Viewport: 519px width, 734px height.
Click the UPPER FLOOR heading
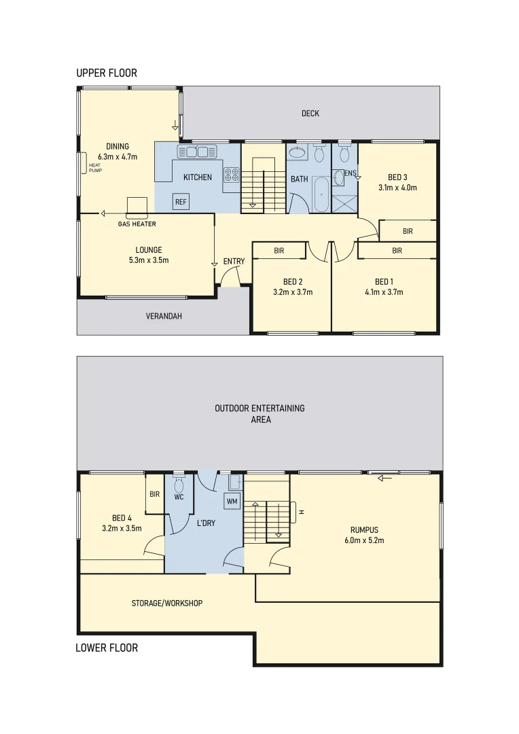pyautogui.click(x=107, y=73)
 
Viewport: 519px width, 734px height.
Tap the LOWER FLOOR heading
pyautogui.click(x=107, y=648)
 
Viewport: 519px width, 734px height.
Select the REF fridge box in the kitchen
pyautogui.click(x=181, y=202)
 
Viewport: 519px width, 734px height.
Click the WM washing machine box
pyautogui.click(x=232, y=502)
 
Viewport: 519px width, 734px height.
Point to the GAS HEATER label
pyautogui.click(x=137, y=224)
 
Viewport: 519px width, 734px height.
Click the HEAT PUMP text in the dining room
pyautogui.click(x=94, y=167)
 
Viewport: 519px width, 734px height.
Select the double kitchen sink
pyautogui.click(x=196, y=150)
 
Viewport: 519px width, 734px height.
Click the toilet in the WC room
pyautogui.click(x=179, y=484)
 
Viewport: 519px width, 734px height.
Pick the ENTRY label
pyautogui.click(x=234, y=262)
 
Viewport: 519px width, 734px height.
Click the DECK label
pyautogui.click(x=310, y=113)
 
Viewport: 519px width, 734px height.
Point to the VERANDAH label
pyautogui.click(x=164, y=316)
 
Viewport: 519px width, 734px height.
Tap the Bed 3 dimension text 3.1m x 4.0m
pyautogui.click(x=397, y=188)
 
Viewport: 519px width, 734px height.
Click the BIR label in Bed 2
pyautogui.click(x=279, y=251)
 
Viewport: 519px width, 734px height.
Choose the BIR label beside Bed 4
pyautogui.click(x=154, y=494)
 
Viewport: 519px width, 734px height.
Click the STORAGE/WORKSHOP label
pyautogui.click(x=167, y=603)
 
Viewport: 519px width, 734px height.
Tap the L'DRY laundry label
pyautogui.click(x=206, y=524)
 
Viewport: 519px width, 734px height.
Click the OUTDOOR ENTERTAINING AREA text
pyautogui.click(x=260, y=414)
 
